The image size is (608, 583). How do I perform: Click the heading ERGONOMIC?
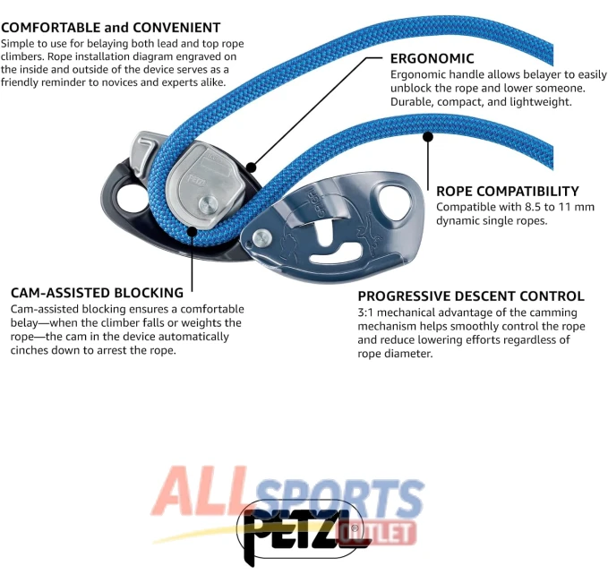tap(432, 58)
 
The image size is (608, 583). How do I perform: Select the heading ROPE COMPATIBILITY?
tap(508, 192)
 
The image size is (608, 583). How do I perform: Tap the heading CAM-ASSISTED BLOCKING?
tap(97, 293)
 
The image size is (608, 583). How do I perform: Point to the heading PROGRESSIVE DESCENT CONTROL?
tap(471, 296)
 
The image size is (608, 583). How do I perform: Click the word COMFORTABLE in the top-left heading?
tap(51, 28)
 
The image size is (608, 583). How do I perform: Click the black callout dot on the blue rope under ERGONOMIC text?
tap(428, 136)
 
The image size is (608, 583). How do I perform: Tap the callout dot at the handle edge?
tap(252, 167)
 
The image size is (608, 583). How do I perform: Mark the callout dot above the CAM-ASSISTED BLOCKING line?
tap(192, 232)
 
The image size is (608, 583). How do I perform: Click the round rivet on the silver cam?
tap(208, 205)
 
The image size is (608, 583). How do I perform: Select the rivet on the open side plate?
tap(261, 238)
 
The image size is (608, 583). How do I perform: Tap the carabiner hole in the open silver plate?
tap(395, 204)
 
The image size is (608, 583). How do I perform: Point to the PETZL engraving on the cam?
tap(195, 180)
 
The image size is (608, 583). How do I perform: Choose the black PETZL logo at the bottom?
tap(301, 534)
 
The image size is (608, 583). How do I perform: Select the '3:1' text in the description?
tap(365, 313)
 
